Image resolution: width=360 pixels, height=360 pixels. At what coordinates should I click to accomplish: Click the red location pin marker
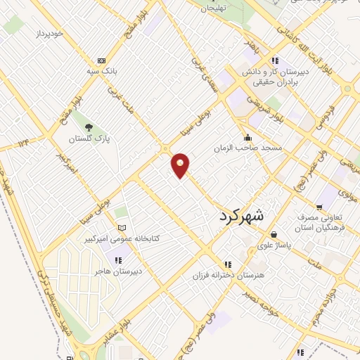(181, 165)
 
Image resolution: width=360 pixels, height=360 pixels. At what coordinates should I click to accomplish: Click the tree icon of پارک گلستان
(89, 127)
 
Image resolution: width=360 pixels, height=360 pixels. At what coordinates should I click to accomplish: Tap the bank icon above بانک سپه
(102, 61)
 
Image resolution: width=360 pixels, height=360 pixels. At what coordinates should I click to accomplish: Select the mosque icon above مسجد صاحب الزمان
(247, 138)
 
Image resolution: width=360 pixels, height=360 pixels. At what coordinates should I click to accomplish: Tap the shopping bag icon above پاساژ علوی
(273, 234)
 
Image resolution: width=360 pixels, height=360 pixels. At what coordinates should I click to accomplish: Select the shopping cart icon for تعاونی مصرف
(320, 207)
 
